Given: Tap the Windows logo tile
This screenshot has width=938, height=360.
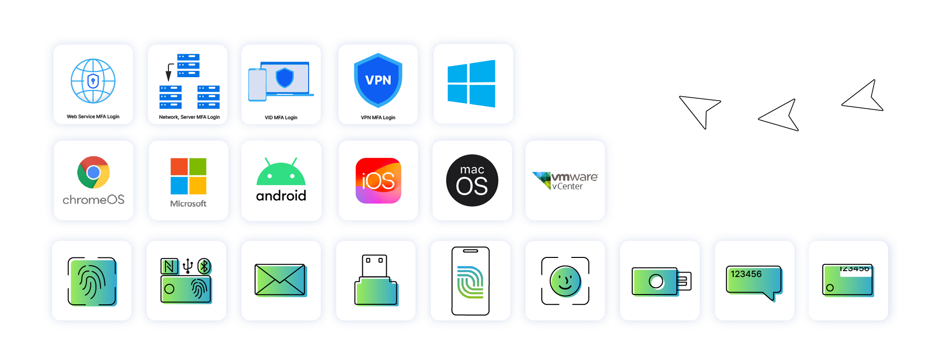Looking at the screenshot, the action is pos(471,84).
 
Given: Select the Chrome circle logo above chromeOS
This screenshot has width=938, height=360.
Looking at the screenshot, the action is pos(93,172).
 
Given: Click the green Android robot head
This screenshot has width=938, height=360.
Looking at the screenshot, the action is pos(281,173).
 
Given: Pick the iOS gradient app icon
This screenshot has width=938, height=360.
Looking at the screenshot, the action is pos(378,181).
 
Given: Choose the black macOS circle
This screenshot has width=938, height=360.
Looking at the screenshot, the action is pos(472,181).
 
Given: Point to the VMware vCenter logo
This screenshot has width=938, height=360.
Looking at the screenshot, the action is pos(565,181).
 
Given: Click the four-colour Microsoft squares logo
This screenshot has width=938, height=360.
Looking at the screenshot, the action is pos(188,176).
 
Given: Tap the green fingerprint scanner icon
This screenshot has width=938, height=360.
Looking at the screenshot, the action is pos(92,281).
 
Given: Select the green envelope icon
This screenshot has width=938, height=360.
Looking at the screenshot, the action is pos(280,280).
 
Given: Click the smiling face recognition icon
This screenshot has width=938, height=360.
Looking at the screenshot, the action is pos(565,281).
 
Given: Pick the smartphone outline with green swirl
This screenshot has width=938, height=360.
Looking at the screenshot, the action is pos(470,281).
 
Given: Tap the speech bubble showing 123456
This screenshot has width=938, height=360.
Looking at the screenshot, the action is pos(754,282).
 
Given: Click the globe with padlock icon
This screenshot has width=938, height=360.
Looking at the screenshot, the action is pos(93,81).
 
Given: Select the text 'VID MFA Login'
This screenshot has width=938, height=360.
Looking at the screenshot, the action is pos(281,118).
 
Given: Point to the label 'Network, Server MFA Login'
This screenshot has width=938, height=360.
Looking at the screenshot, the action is pos(189,117).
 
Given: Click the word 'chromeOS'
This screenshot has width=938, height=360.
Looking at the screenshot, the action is pos(93,200).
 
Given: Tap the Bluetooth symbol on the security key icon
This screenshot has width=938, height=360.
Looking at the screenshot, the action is pos(204,266).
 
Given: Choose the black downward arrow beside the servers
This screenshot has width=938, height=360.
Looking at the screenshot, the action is pos(169,72).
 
